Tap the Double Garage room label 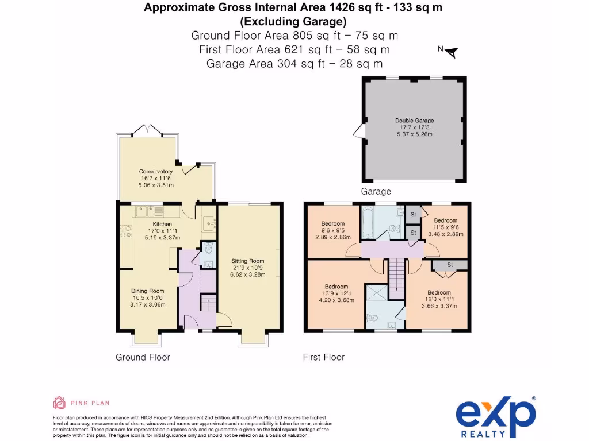click(x=414, y=121)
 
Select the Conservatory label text click(x=155, y=171)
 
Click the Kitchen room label click(x=162, y=224)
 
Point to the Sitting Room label click(x=247, y=261)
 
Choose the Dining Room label click(x=148, y=291)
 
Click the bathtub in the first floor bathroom click(x=367, y=222)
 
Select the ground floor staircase click(x=208, y=303)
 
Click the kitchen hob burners click(x=125, y=231)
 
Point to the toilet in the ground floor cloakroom click(x=209, y=248)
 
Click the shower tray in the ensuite click(x=377, y=293)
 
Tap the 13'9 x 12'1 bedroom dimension click(x=336, y=293)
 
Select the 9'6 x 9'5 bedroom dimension click(x=333, y=230)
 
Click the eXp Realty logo click(x=496, y=417)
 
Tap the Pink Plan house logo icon click(x=59, y=403)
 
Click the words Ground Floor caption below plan click(x=143, y=357)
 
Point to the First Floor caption click(x=324, y=357)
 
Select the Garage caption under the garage click(x=376, y=192)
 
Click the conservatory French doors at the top click(x=148, y=130)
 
